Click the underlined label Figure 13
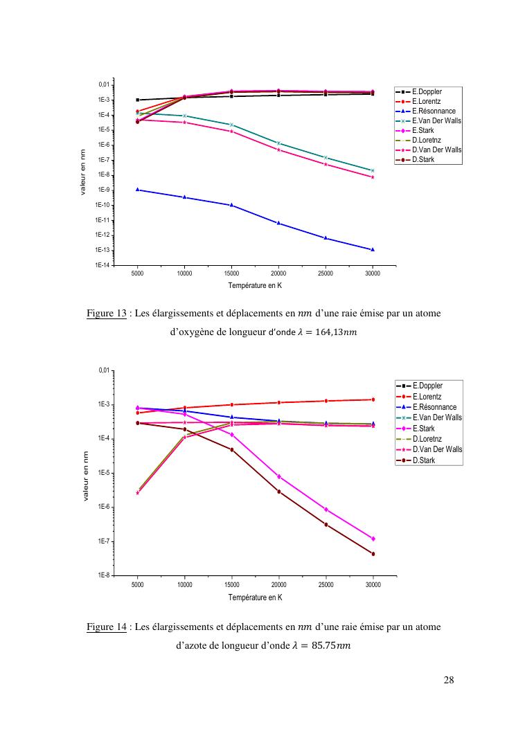tap(107, 314)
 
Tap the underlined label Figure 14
tap(107, 627)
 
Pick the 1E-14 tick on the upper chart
tap(103, 265)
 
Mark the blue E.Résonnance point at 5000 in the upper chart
tap(138, 190)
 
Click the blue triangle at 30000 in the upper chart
tap(373, 249)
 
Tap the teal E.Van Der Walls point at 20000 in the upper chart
tap(278, 143)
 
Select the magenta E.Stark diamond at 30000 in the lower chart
tap(373, 539)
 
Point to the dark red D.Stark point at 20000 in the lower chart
tap(278, 492)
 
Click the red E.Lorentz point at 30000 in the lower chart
tap(373, 399)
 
